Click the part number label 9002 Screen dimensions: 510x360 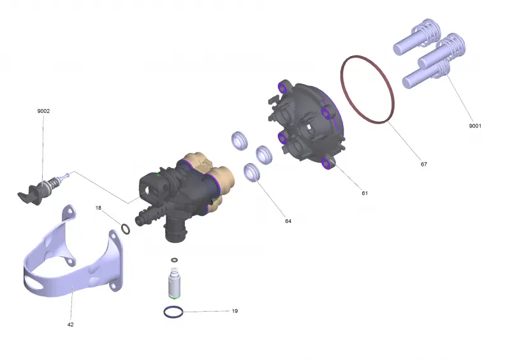pyautogui.click(x=43, y=111)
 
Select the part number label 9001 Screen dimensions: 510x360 pyautogui.click(x=475, y=126)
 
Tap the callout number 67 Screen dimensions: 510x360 pyautogui.click(x=424, y=164)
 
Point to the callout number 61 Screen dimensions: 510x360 pyautogui.click(x=365, y=193)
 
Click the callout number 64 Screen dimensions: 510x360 pyautogui.click(x=288, y=221)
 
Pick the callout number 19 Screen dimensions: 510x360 pyautogui.click(x=235, y=311)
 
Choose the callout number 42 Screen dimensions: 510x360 pyautogui.click(x=70, y=324)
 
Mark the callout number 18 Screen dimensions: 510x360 pyautogui.click(x=98, y=208)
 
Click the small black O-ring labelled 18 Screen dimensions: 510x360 pyautogui.click(x=122, y=229)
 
